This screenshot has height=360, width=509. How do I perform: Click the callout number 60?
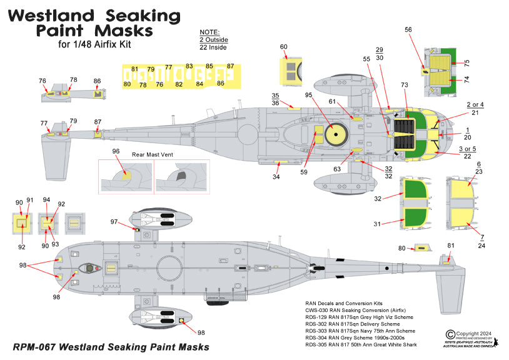[283, 47]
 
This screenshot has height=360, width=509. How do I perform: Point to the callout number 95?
[308, 95]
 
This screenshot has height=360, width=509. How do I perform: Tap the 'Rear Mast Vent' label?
[153, 154]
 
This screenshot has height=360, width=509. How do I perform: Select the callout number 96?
[116, 151]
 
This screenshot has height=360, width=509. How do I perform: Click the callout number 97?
[114, 222]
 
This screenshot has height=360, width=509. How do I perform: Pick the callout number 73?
[404, 84]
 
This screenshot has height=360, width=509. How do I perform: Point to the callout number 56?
[408, 29]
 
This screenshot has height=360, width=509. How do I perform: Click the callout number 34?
[276, 177]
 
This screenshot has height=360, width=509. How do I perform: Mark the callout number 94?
[46, 200]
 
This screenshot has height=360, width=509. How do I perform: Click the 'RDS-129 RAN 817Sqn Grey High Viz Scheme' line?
[360, 318]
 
